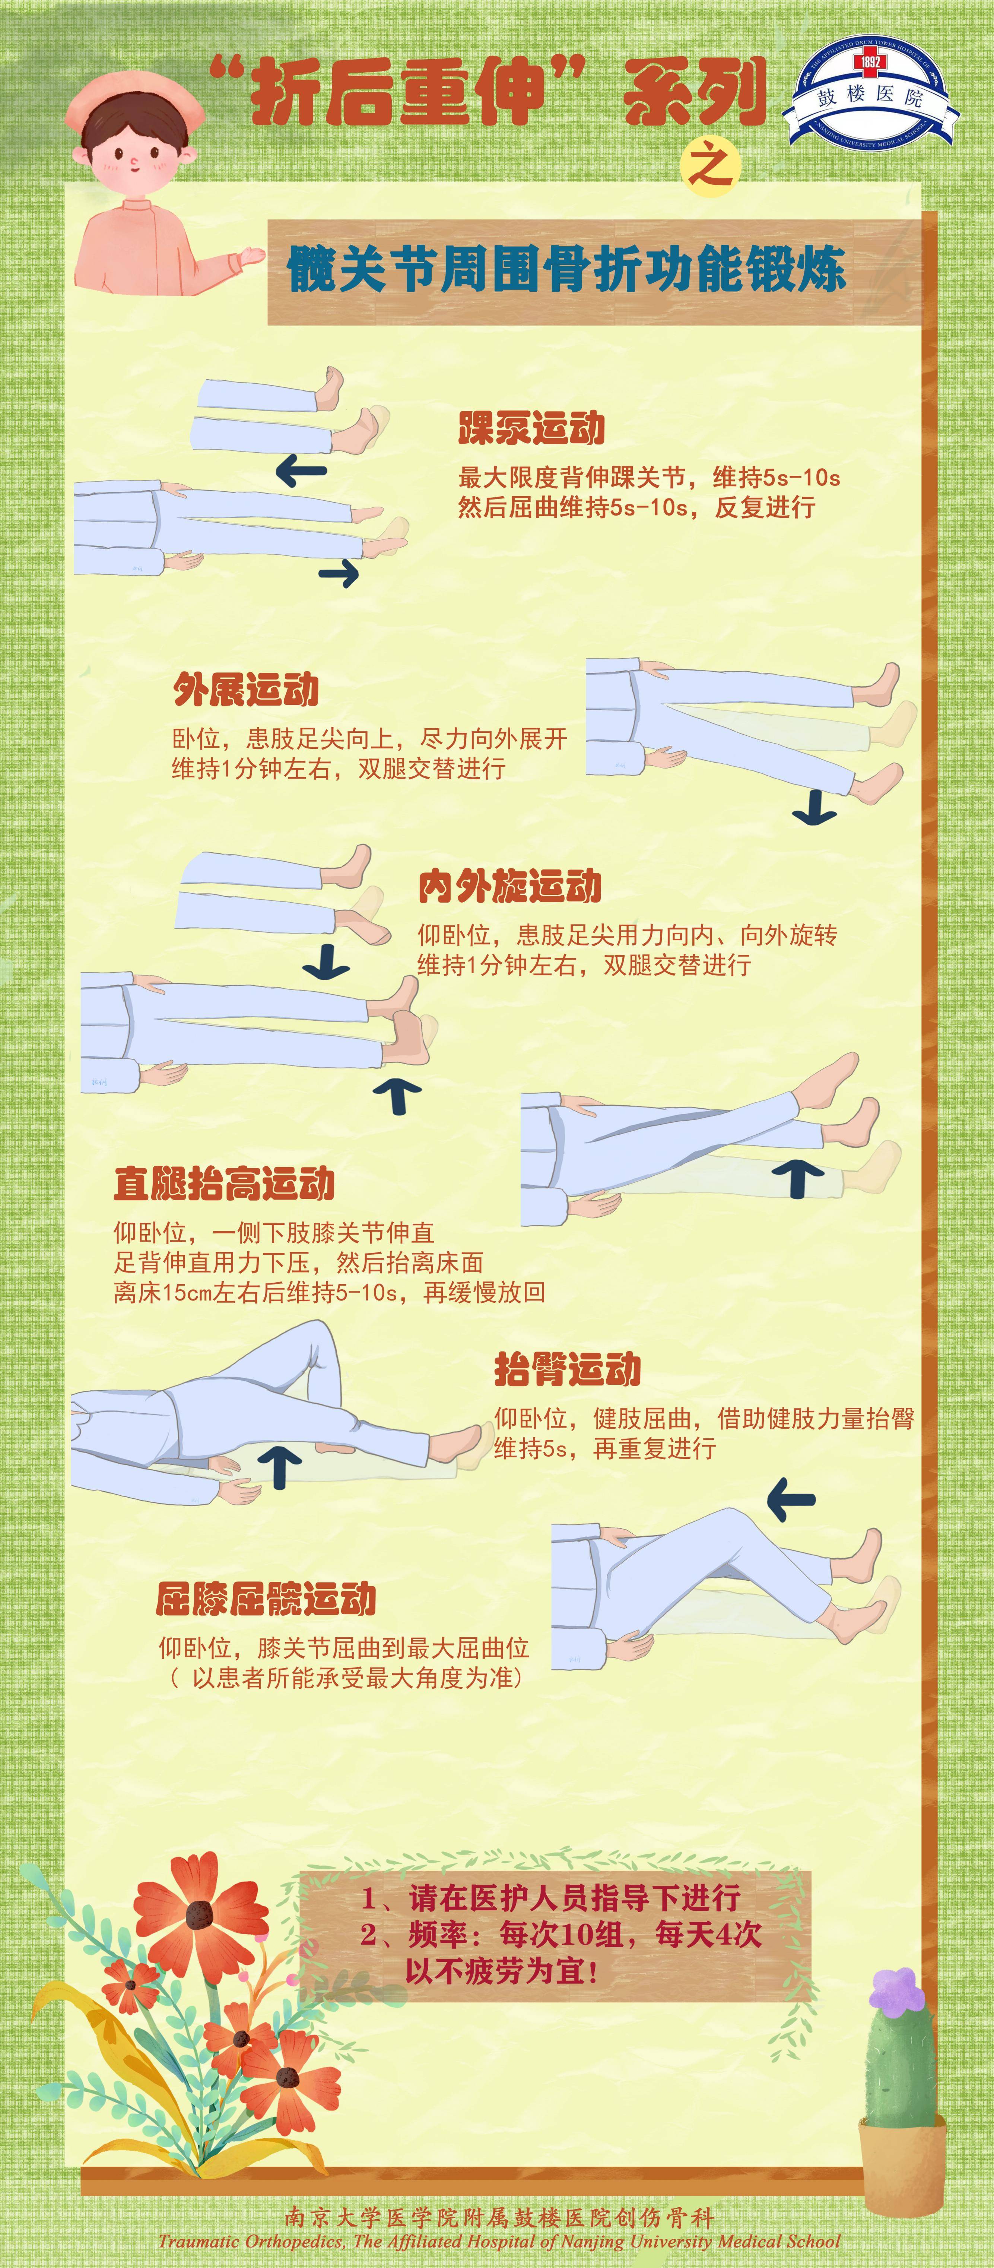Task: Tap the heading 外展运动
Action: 246,690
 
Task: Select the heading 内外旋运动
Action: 510,886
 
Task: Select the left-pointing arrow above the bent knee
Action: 791,1498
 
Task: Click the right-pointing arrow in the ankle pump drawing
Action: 339,574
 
